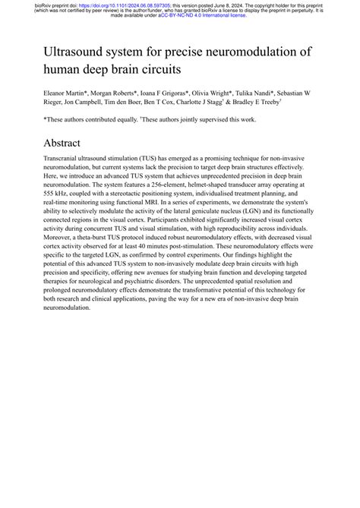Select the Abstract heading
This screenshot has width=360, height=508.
click(68, 143)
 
